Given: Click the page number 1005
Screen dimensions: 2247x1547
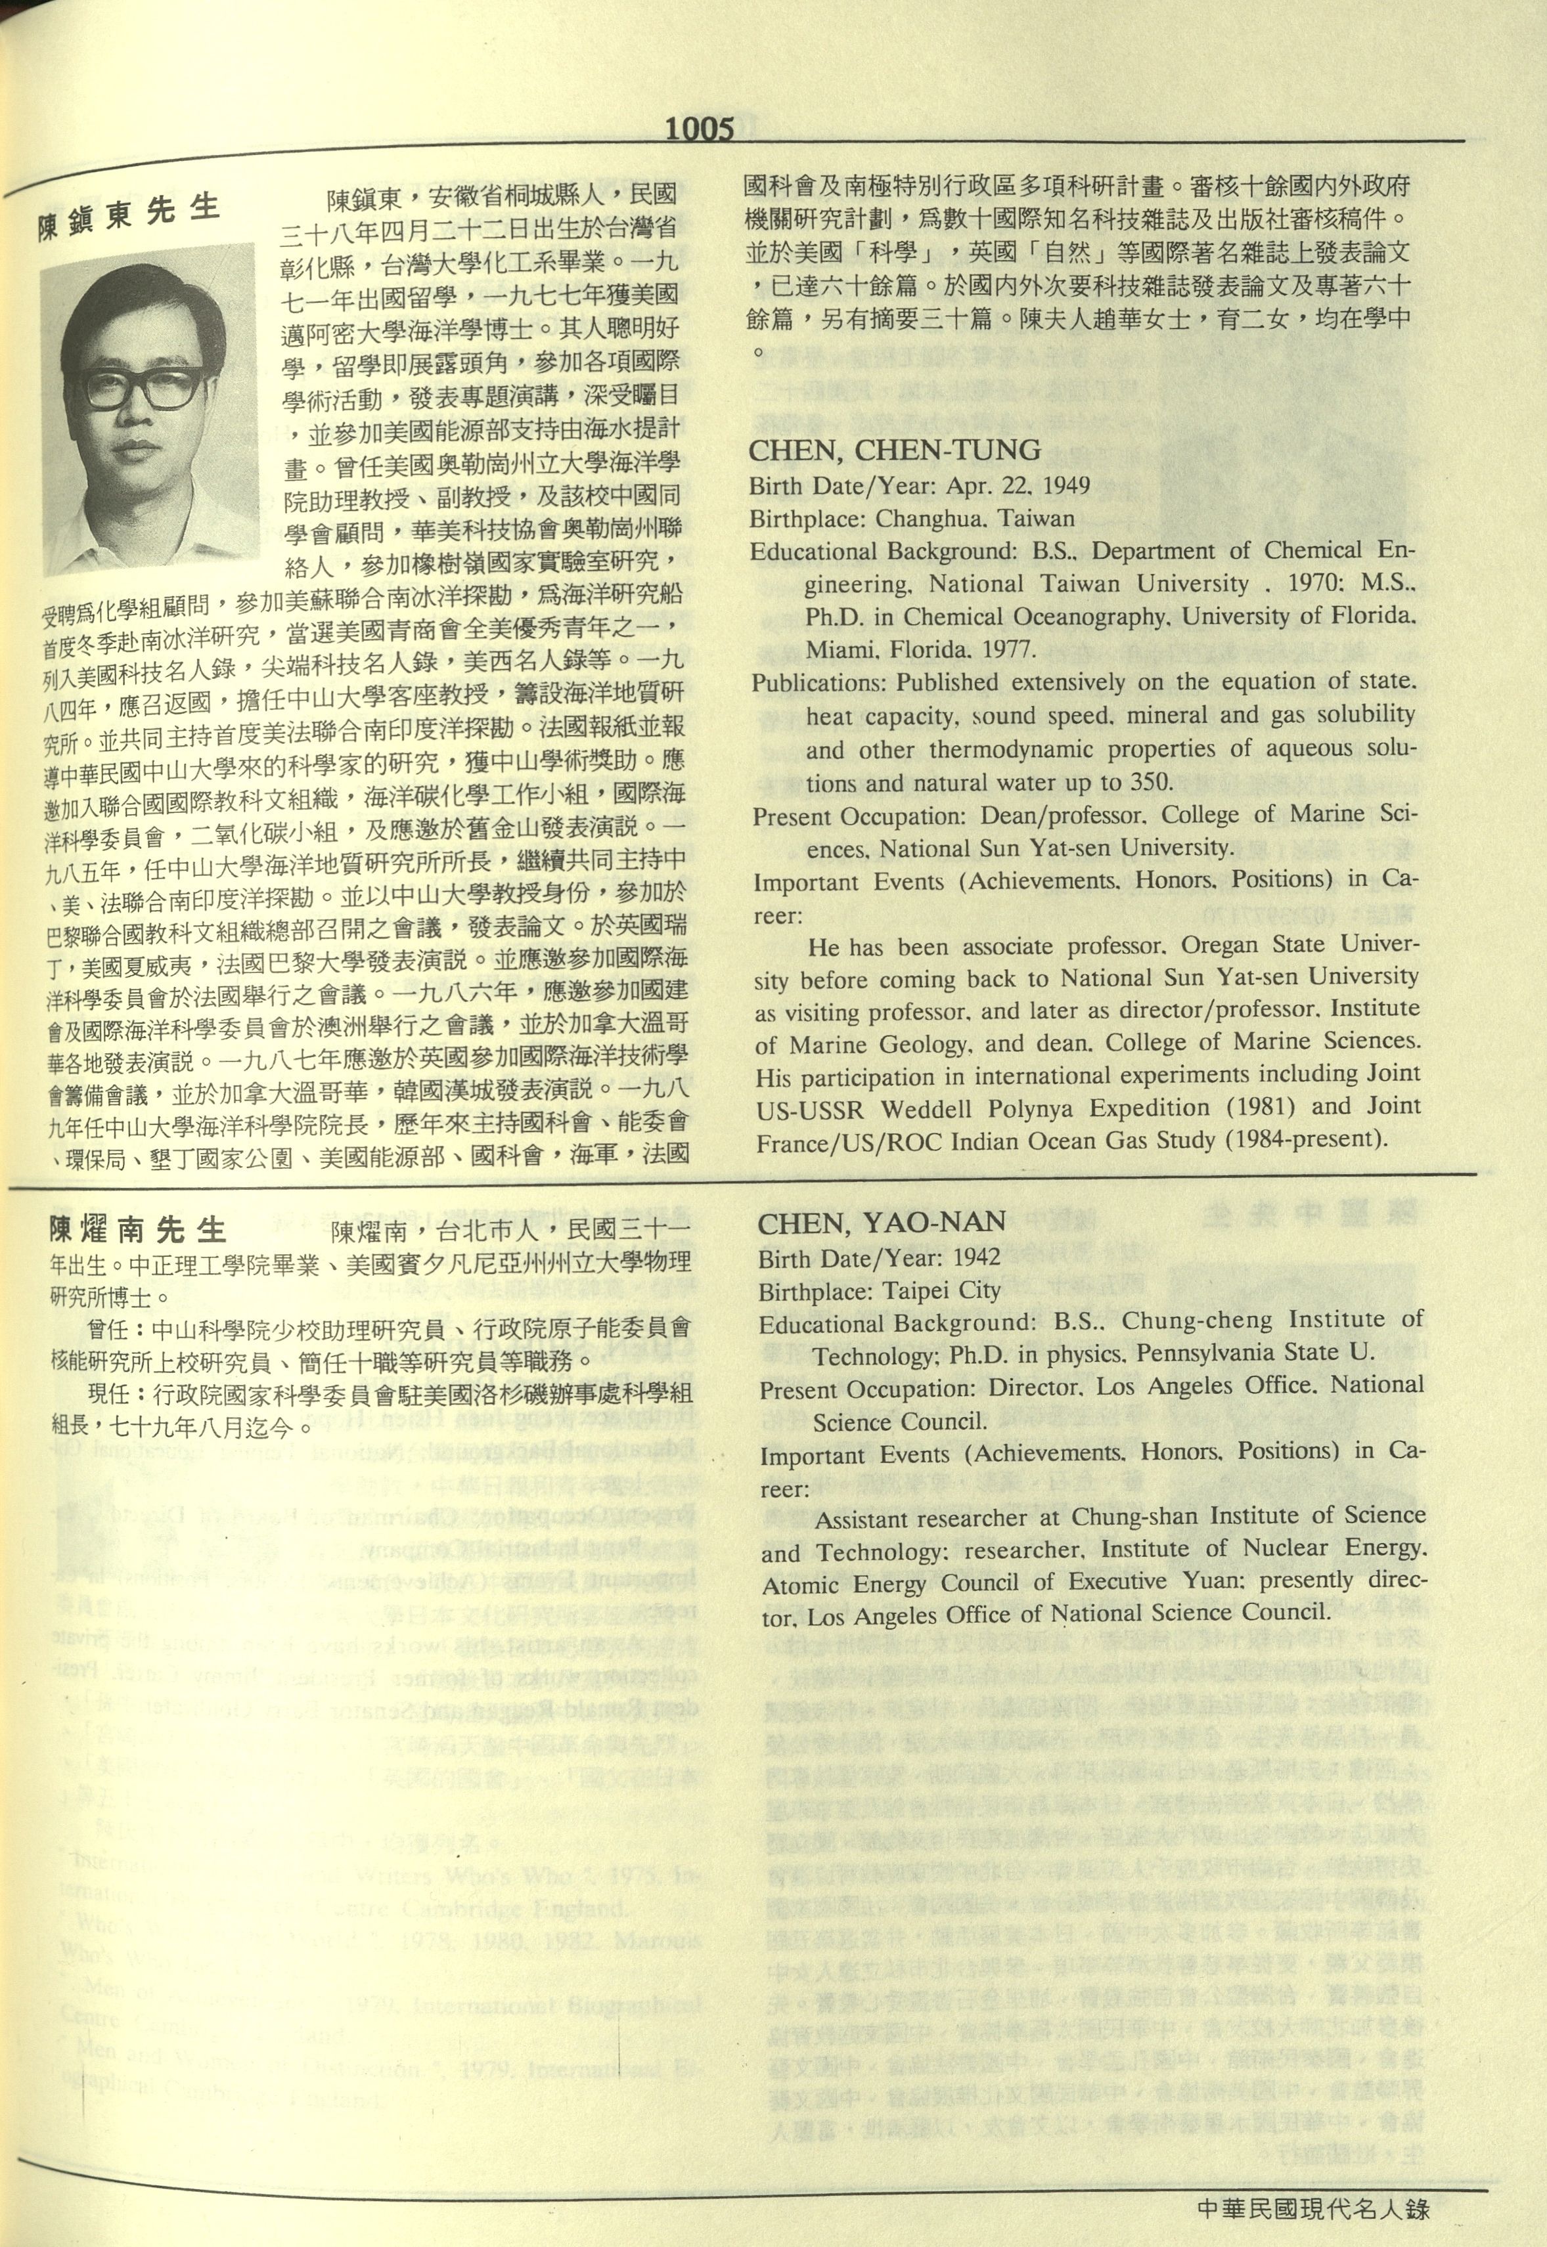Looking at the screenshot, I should coord(700,129).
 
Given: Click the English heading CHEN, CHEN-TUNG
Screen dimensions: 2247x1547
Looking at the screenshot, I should coord(895,450).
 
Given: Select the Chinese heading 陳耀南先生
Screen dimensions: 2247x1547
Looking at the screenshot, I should coord(138,1231).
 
